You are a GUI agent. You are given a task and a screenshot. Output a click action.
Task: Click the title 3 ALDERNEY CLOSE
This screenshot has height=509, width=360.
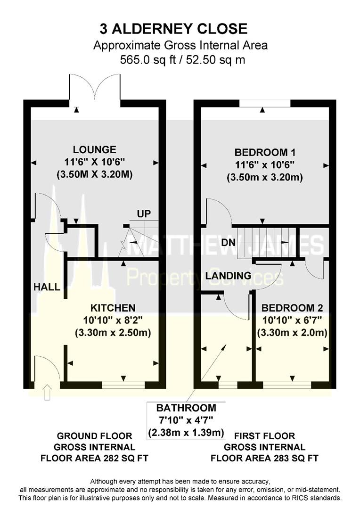173,29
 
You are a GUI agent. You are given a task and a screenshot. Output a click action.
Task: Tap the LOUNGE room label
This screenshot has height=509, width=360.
98,150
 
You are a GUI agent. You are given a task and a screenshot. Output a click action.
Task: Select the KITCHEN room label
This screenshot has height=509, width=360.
113,308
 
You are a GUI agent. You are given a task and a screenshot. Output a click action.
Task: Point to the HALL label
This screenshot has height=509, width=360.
47,287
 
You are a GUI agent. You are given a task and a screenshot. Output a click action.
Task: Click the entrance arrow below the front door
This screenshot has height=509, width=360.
47,393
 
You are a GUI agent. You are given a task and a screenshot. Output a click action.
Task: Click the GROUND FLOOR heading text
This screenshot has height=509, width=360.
94,436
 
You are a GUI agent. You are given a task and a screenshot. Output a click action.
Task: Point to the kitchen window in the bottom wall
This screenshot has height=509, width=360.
124,385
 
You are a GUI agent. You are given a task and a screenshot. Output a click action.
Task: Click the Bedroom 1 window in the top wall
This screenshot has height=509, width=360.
264,104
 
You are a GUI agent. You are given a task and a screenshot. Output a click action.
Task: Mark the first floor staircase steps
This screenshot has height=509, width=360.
266,240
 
